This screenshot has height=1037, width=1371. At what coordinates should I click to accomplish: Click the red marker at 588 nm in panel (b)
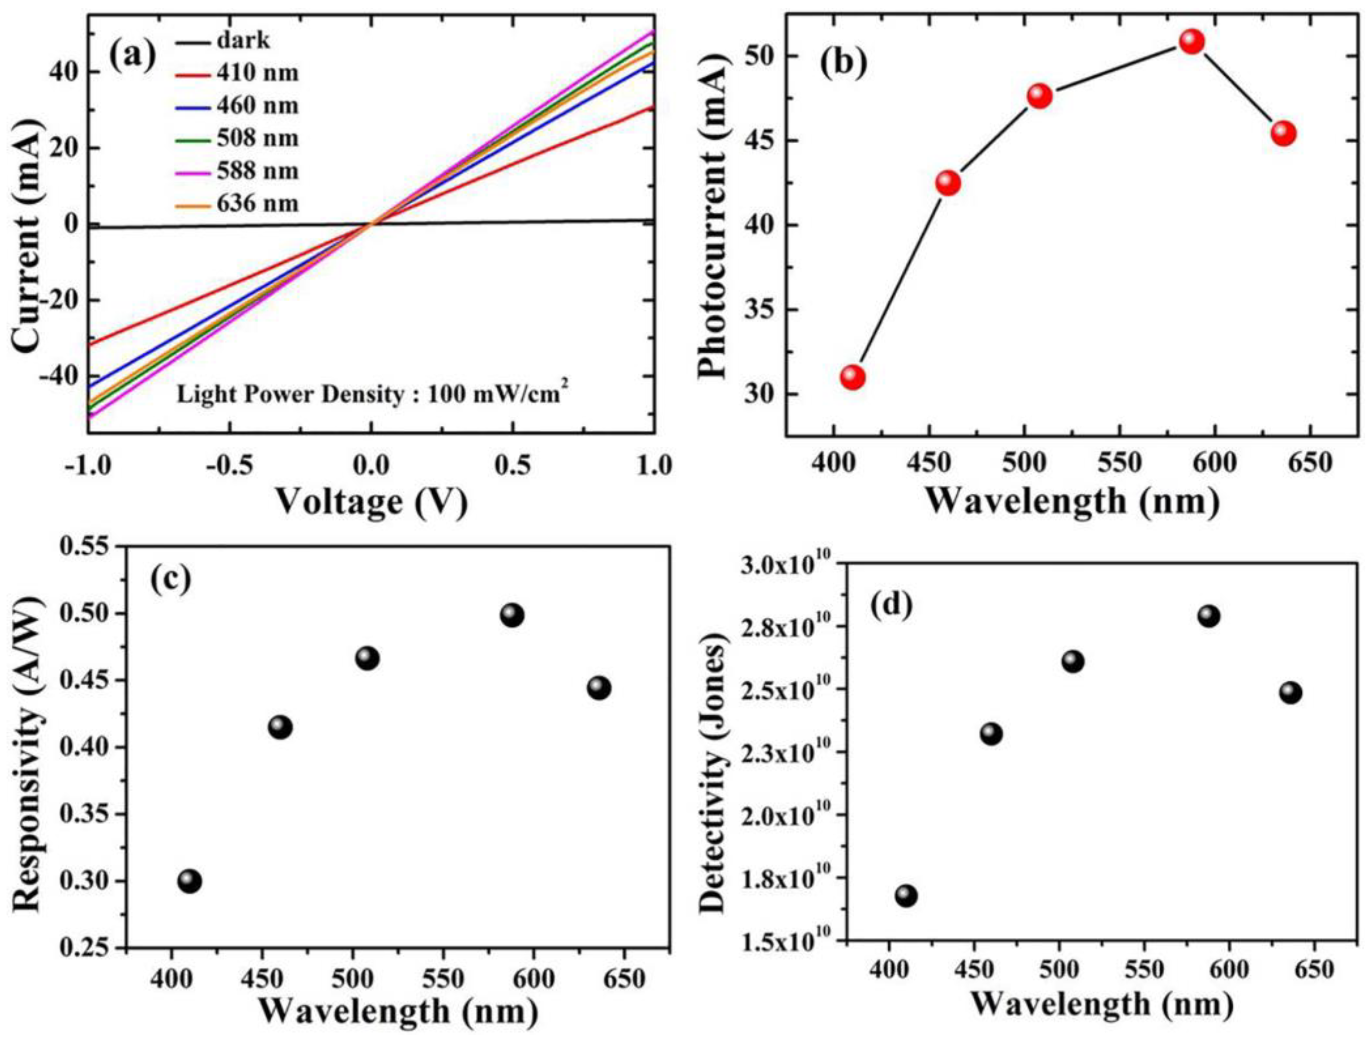pos(1191,41)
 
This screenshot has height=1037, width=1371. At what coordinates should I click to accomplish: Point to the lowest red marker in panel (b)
pos(853,377)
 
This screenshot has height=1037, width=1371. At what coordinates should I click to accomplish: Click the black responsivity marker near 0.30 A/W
pos(190,881)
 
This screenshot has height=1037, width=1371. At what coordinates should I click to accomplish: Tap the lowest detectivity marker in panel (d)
pos(906,896)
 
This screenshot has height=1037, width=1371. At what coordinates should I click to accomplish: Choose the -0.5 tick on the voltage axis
pos(229,465)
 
